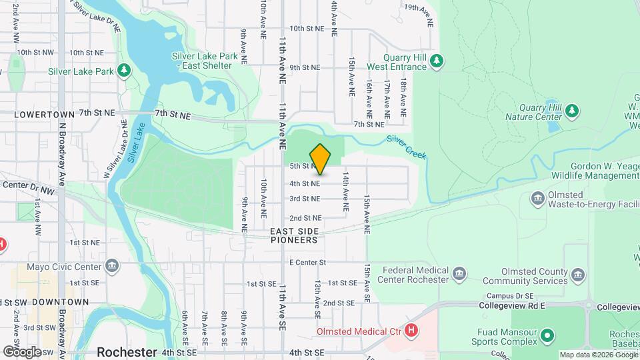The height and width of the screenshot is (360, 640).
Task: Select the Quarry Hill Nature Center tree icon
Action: (x=571, y=110)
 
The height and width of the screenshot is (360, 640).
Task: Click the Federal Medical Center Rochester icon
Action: (x=459, y=273)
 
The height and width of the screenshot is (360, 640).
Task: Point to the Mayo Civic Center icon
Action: (x=111, y=267)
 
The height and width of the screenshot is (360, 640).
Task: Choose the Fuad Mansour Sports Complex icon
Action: (x=547, y=335)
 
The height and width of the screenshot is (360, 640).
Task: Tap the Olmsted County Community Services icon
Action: (x=577, y=274)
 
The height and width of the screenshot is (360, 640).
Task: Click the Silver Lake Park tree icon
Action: (x=123, y=71)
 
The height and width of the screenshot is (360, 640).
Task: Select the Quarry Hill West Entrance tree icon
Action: (x=437, y=61)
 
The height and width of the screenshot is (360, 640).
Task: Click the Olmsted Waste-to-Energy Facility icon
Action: (x=538, y=198)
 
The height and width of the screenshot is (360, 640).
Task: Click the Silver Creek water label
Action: (x=406, y=147)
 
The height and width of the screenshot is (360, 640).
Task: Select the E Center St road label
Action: (x=307, y=263)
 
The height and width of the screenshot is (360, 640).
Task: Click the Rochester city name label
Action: (x=127, y=352)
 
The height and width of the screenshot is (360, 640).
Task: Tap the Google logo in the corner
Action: (x=21, y=352)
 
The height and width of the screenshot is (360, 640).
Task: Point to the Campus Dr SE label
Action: (x=510, y=295)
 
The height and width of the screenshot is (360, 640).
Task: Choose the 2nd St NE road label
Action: (x=305, y=218)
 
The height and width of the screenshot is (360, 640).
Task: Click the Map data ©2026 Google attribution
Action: (x=598, y=355)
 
